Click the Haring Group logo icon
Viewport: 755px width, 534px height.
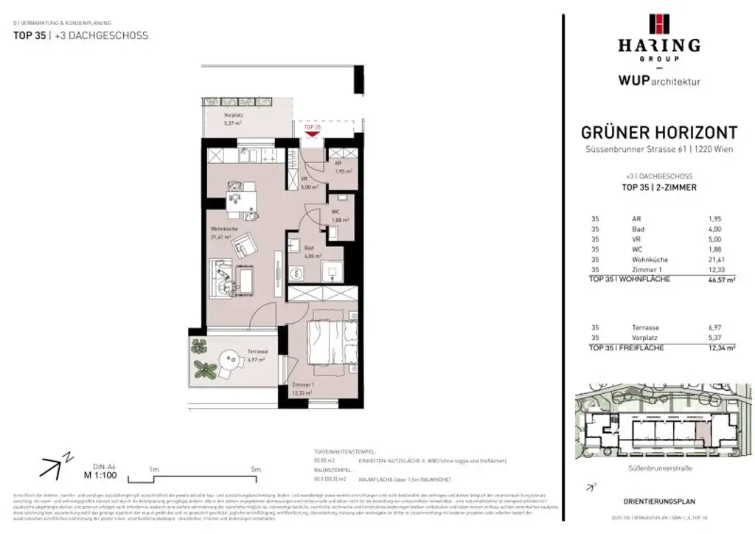658,24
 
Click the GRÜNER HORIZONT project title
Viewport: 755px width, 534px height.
658,133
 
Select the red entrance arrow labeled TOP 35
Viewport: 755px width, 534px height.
313,132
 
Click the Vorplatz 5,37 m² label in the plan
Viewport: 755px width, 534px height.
234,119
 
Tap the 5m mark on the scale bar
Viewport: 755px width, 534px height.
255,469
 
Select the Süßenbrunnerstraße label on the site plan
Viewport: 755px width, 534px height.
658,468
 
